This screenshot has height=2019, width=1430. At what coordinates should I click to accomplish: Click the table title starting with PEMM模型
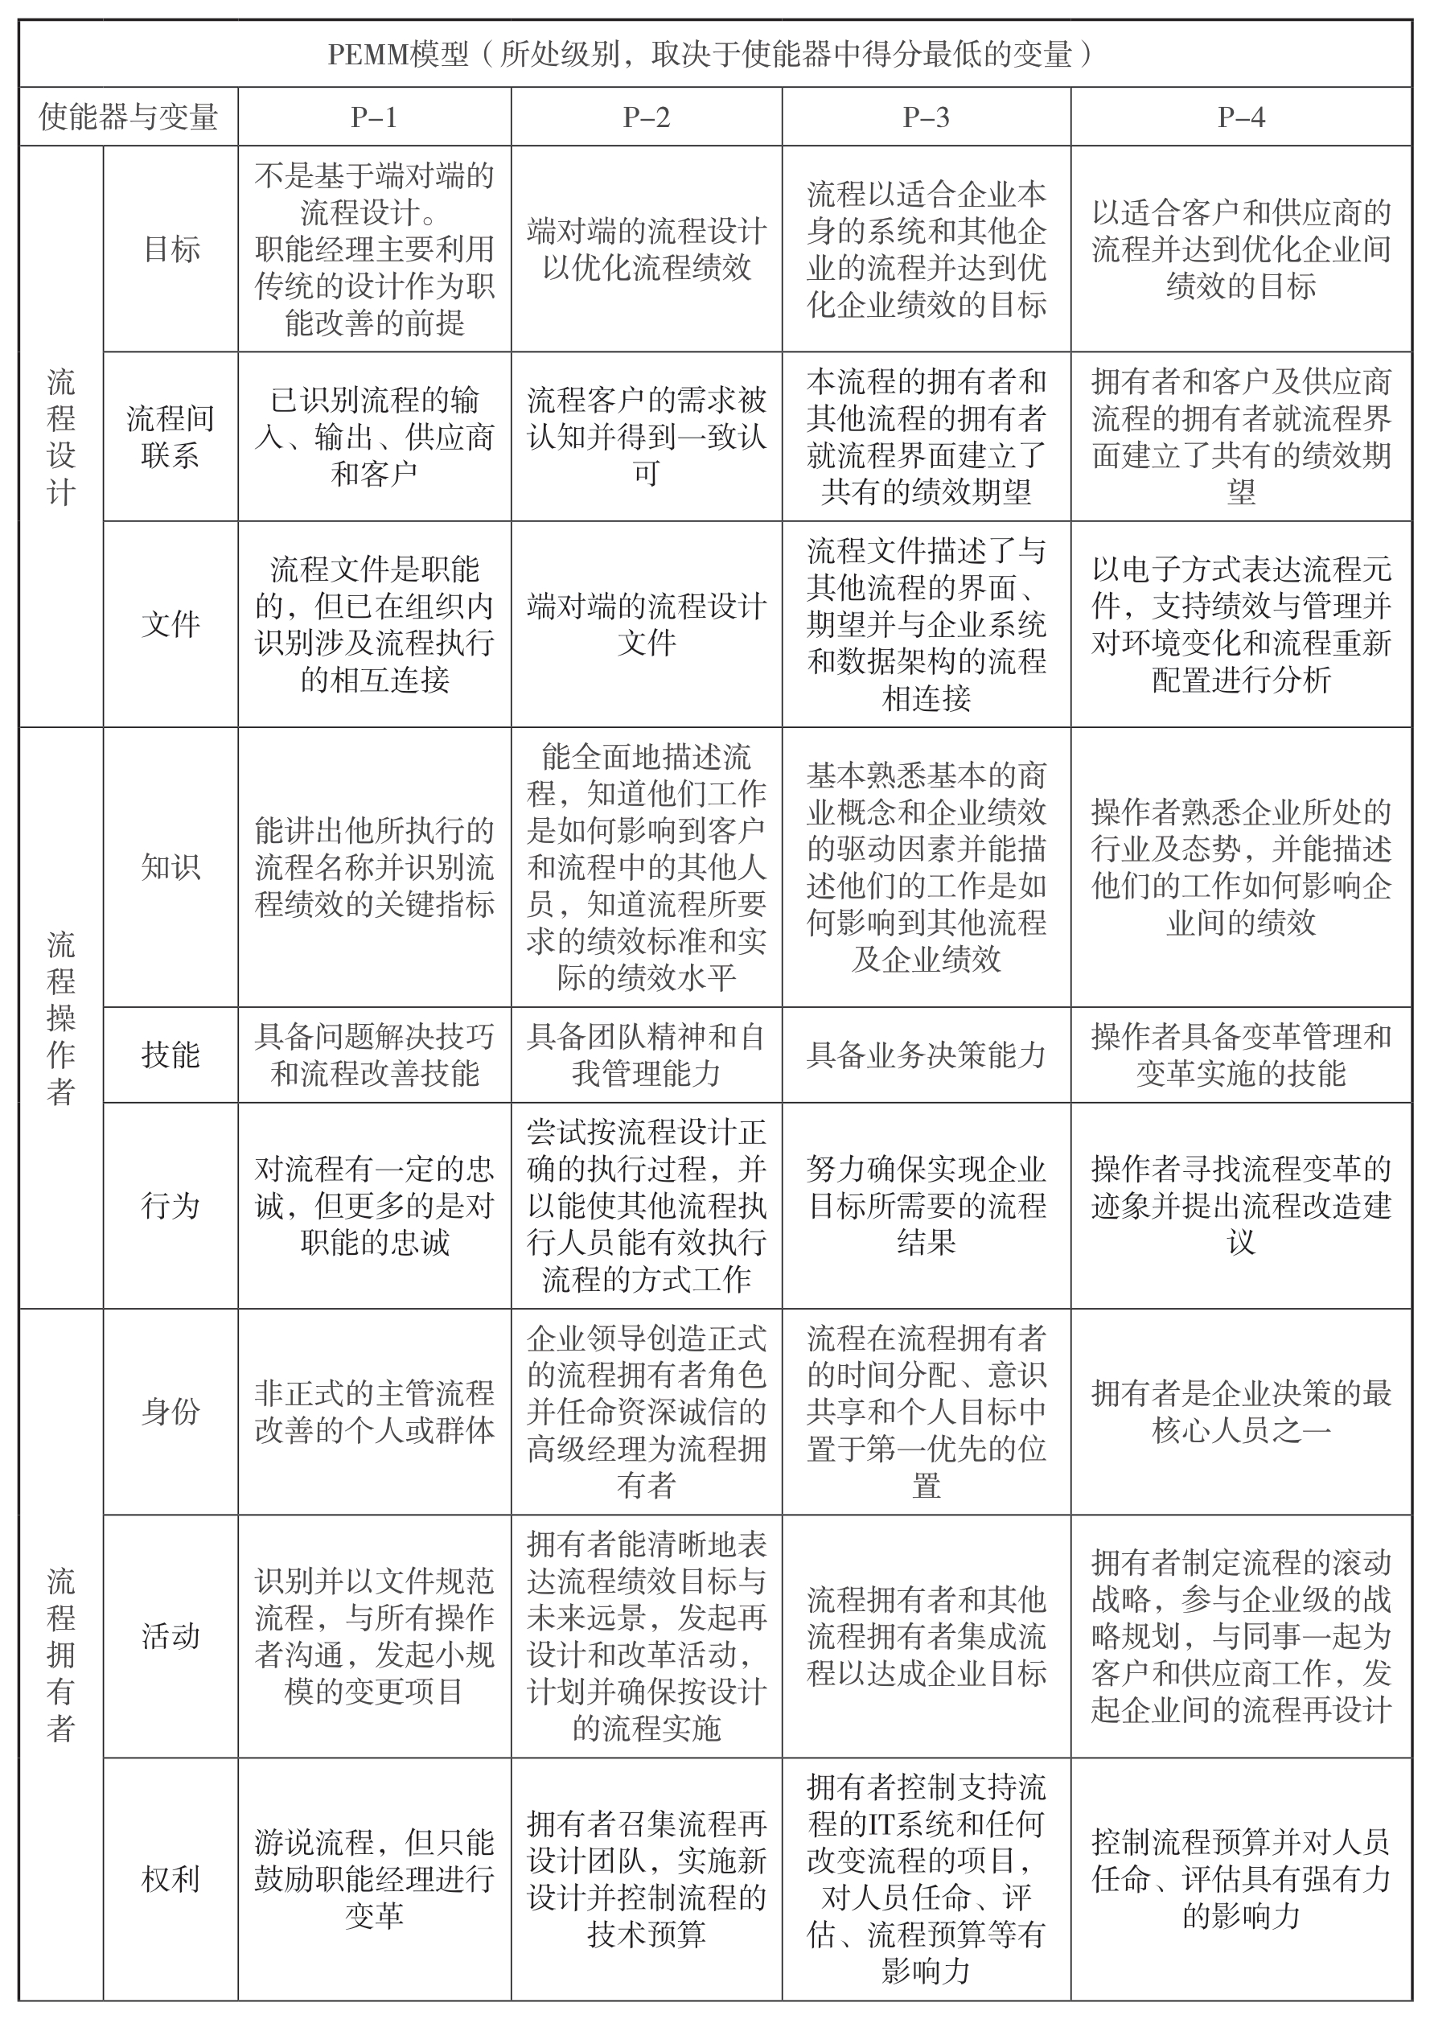(714, 55)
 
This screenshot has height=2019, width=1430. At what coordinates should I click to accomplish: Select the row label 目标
(171, 249)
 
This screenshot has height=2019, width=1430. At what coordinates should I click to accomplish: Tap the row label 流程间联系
(171, 437)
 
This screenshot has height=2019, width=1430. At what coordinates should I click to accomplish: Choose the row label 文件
(171, 624)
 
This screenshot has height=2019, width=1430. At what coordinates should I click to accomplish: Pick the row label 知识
(171, 867)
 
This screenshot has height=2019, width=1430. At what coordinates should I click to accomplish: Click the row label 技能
(171, 1054)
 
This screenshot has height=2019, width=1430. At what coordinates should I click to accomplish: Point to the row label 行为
(171, 1206)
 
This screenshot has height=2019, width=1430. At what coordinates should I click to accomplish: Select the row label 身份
(171, 1412)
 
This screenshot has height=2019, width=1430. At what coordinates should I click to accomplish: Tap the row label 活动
(171, 1636)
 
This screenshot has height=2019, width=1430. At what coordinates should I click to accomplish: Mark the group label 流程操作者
(61, 1017)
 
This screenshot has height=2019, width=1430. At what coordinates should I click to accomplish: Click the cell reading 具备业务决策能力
(926, 1054)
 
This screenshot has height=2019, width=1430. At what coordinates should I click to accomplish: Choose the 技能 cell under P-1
(374, 1054)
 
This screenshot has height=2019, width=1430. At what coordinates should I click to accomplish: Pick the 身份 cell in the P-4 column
(1241, 1412)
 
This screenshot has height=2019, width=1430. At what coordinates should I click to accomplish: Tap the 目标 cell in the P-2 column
(647, 249)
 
